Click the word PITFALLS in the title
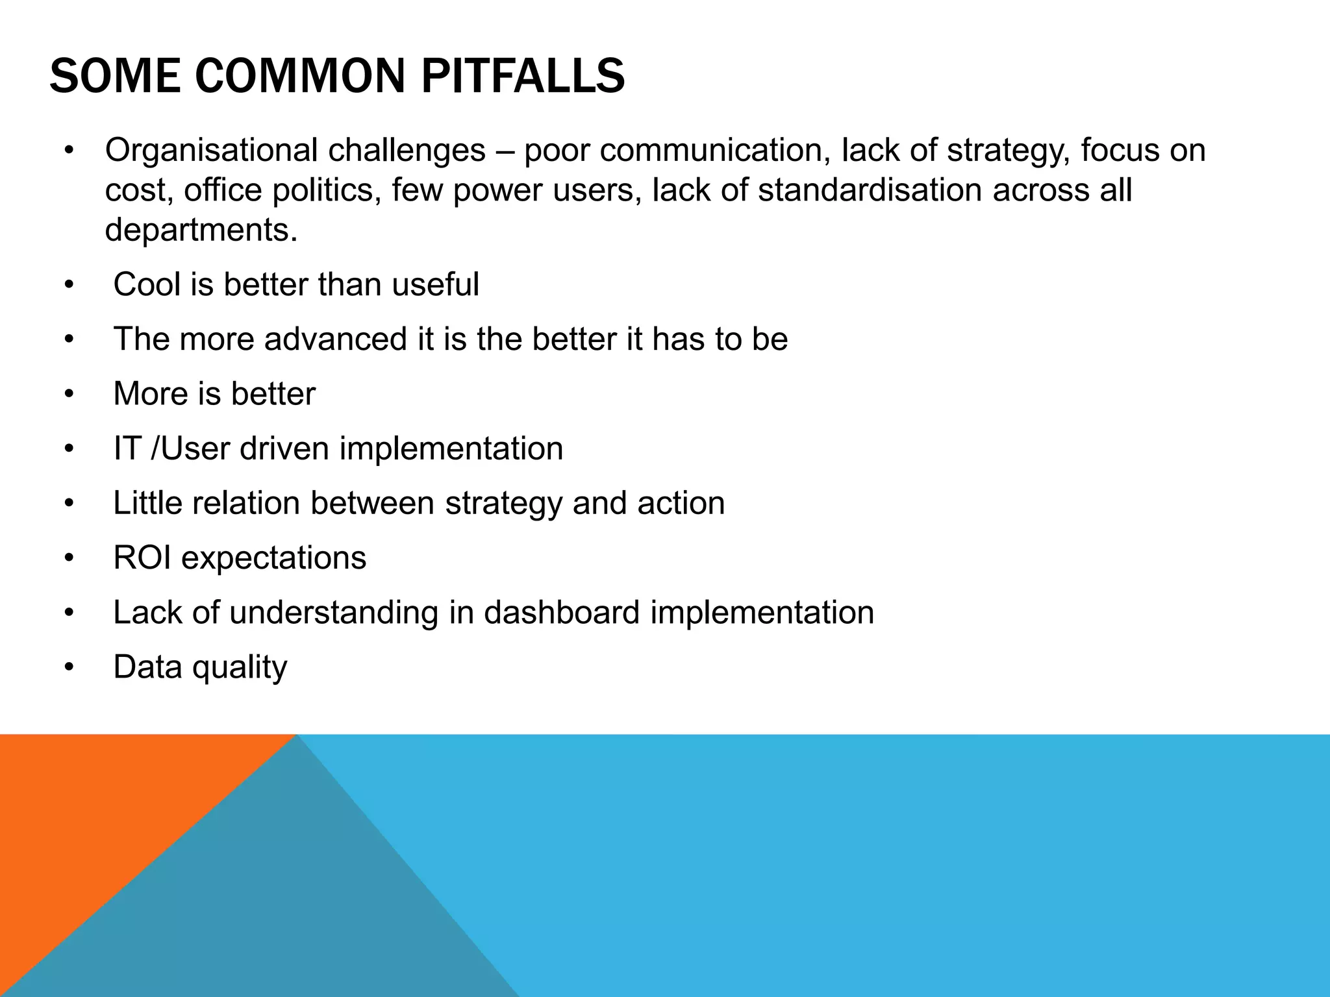(523, 77)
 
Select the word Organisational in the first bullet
(211, 151)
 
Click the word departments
(201, 230)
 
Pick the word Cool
(147, 284)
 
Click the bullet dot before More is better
(69, 394)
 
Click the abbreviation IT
(127, 449)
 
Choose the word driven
(284, 449)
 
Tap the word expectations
(273, 558)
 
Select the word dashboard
(562, 612)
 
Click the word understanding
(334, 612)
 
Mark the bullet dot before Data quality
(69, 667)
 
